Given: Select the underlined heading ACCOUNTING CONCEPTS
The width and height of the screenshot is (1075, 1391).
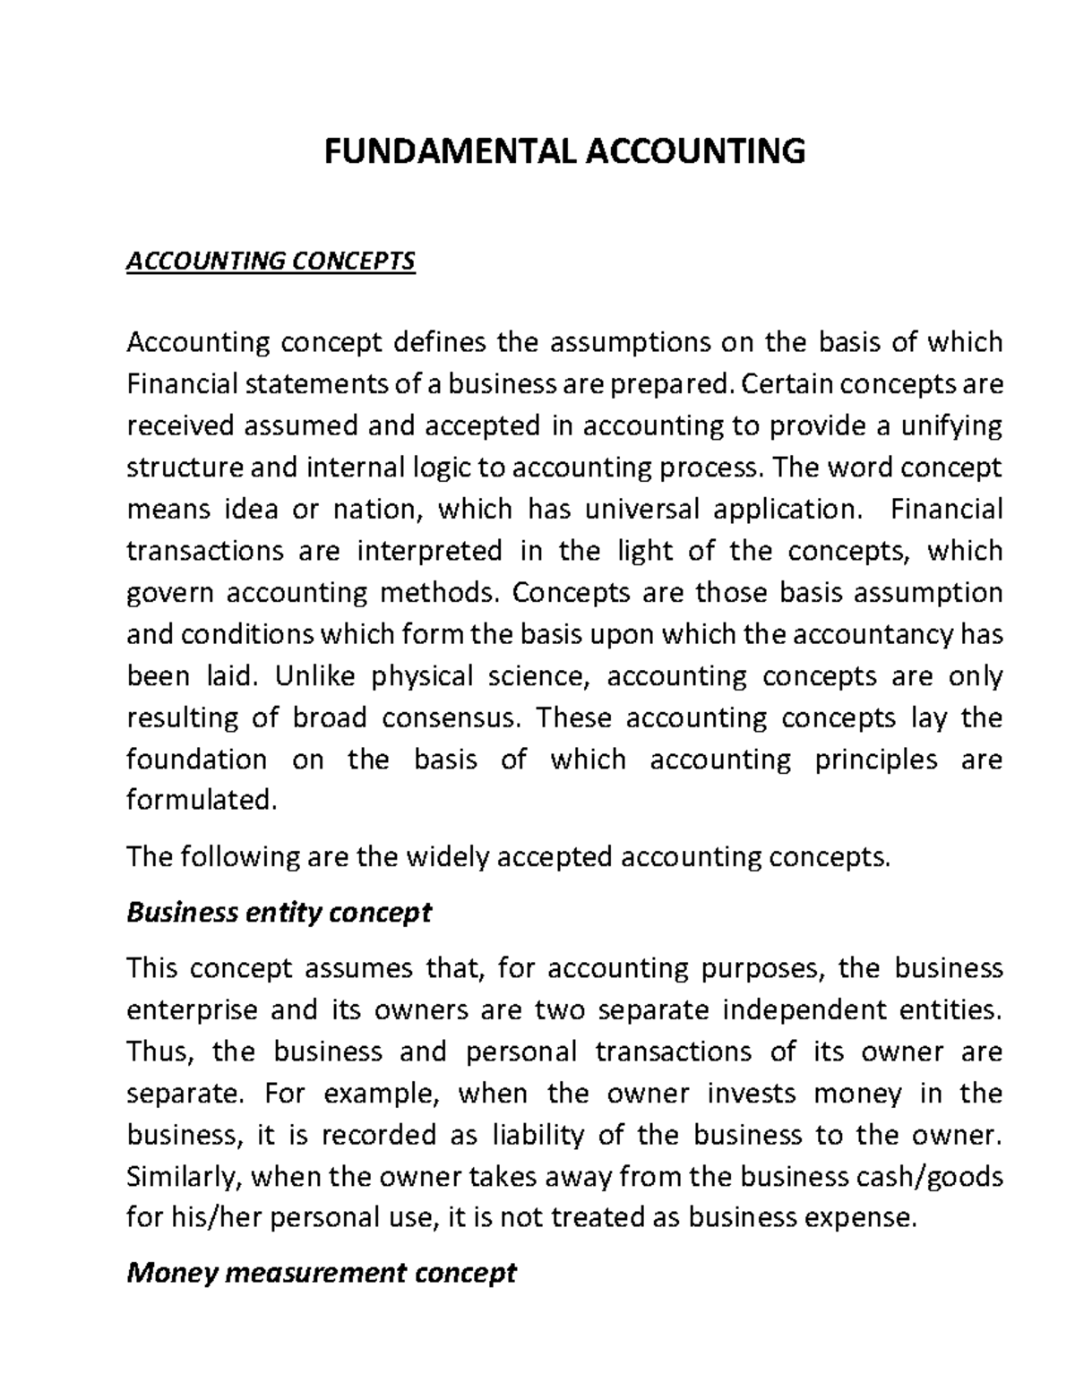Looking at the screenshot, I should (271, 261).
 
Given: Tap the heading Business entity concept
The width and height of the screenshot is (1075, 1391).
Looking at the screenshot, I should (279, 913).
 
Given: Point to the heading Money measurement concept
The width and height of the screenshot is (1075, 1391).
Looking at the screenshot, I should (322, 1273).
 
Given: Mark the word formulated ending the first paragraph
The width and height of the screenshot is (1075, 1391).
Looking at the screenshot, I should (200, 800).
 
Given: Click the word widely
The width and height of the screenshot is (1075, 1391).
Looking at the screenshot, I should (448, 857).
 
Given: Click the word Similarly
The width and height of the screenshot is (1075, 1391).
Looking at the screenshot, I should (183, 1176).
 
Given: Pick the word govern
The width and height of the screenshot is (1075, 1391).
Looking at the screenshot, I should (169, 593).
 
